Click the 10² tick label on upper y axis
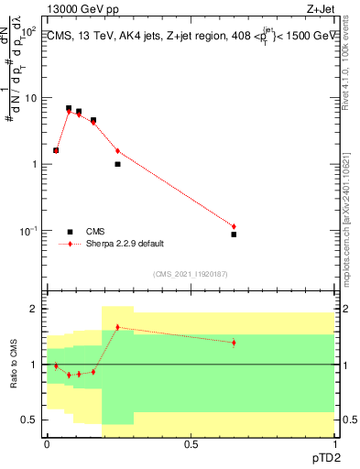click(x=29, y=31)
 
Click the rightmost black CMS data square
click(x=234, y=234)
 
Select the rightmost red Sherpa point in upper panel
click(x=234, y=226)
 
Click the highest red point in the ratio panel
click(x=117, y=327)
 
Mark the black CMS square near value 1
click(x=117, y=164)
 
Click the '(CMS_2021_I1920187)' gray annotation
click(x=190, y=273)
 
